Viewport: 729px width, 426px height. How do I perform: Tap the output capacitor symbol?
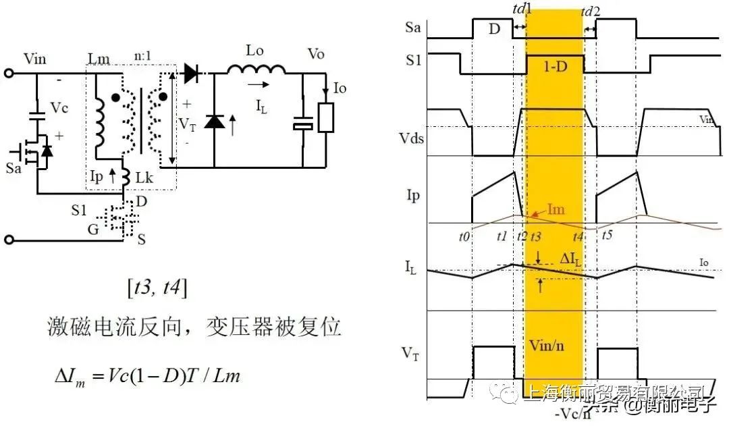pos(302,125)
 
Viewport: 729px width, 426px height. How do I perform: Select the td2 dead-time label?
pos(591,11)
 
